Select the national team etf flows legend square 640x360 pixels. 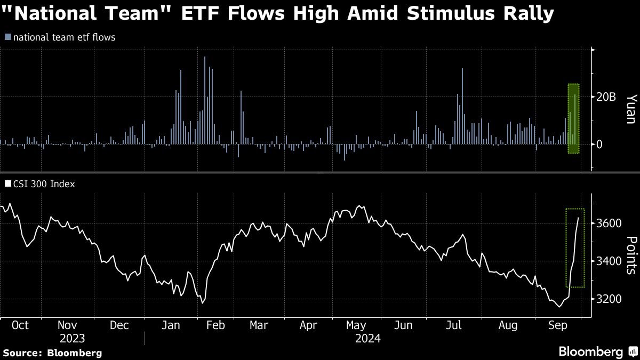point(7,37)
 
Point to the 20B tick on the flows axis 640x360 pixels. point(606,97)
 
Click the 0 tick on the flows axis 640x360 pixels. point(599,144)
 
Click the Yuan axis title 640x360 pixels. point(631,109)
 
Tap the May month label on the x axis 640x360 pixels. point(356,325)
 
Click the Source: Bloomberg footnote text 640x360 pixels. point(52,353)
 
